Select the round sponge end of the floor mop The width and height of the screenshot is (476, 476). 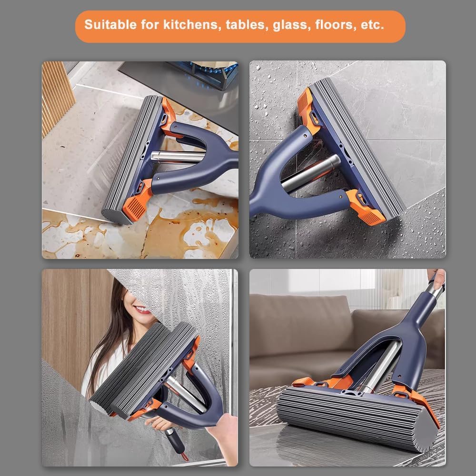coord(426,434)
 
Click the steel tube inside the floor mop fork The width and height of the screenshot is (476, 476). coord(381,367)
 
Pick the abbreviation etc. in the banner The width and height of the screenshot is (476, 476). coord(372,25)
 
